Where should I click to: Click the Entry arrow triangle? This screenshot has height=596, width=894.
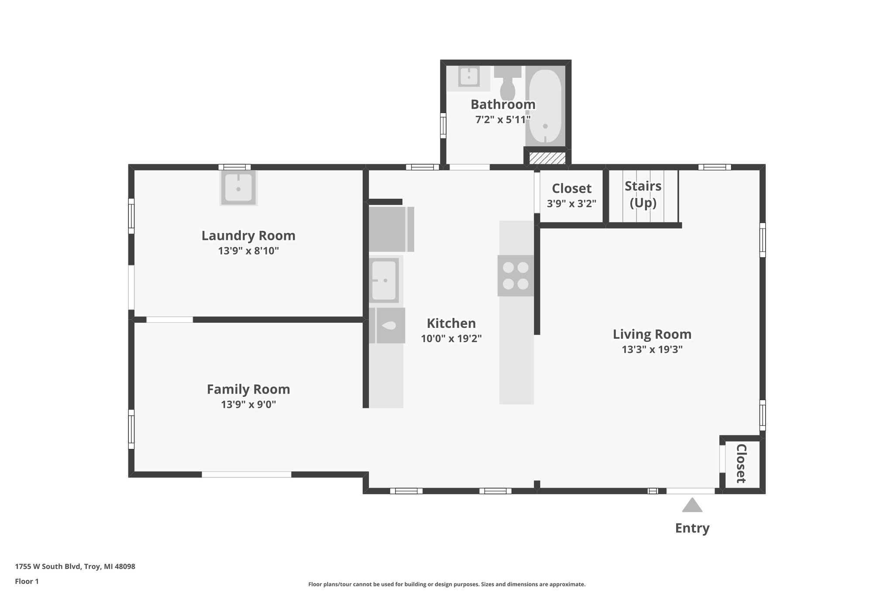692,506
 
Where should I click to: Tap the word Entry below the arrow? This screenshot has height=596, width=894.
692,528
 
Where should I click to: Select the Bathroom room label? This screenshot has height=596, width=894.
503,105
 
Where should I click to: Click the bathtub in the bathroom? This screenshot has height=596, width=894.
545,107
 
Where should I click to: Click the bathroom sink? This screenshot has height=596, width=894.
469,77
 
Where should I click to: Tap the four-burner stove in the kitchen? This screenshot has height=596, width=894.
516,276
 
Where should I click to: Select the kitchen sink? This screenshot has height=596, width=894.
384,279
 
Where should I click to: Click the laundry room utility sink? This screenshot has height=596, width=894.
238,188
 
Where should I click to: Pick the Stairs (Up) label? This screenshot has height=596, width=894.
643,194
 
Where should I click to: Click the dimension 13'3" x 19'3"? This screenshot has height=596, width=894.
652,349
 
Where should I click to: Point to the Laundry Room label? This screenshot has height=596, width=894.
248,236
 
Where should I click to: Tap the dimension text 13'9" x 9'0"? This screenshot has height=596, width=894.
248,404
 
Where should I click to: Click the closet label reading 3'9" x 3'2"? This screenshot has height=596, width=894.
571,203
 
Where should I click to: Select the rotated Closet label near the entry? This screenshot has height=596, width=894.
741,464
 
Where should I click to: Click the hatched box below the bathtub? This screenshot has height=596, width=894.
547,158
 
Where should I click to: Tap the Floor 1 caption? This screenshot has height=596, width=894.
27,581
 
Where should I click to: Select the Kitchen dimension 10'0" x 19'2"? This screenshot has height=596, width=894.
451,338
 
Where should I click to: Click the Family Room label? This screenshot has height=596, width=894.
248,389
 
